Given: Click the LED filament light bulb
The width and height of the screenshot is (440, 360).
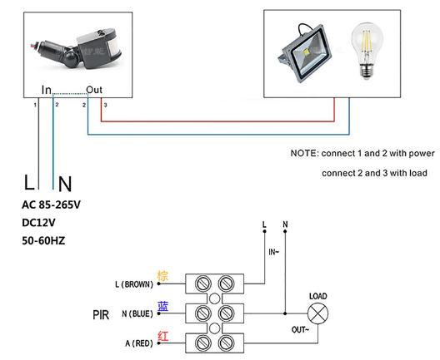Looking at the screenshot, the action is pos(367,51).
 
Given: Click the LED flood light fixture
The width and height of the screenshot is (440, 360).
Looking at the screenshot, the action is pos(304,53).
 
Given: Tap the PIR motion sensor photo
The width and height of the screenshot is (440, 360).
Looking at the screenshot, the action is pos(77,47).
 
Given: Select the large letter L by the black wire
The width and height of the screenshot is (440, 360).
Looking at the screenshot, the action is pos(29,182).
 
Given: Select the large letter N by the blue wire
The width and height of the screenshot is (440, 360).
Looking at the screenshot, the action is pos(65,184).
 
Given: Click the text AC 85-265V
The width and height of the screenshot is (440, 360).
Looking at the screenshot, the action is pos(52,205).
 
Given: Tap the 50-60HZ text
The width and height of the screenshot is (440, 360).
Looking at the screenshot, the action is pos(43,240).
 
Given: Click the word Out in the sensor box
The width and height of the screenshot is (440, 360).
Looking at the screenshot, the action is pos(94,90).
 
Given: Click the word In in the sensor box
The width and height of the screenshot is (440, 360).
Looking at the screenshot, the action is pos(47,90).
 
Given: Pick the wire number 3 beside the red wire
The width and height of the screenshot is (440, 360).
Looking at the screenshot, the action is pos(106,105).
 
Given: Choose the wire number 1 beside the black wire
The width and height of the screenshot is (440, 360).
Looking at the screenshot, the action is pos(35,105).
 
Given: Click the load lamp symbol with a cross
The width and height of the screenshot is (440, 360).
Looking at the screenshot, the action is pos(318,313).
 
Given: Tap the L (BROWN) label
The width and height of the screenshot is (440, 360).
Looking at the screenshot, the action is pos(134,284).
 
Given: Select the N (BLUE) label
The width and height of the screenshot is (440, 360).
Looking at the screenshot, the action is pos(137,313).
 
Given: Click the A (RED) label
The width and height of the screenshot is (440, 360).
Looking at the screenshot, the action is pos(139,343).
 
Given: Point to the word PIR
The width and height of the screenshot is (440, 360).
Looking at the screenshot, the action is pos(101,315).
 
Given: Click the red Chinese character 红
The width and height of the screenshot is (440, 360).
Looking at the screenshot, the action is pos(163,336).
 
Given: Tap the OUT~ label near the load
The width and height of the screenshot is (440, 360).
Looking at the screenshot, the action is pos(300,330).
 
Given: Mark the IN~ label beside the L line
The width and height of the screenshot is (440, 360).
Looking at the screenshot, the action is pos(274,252).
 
